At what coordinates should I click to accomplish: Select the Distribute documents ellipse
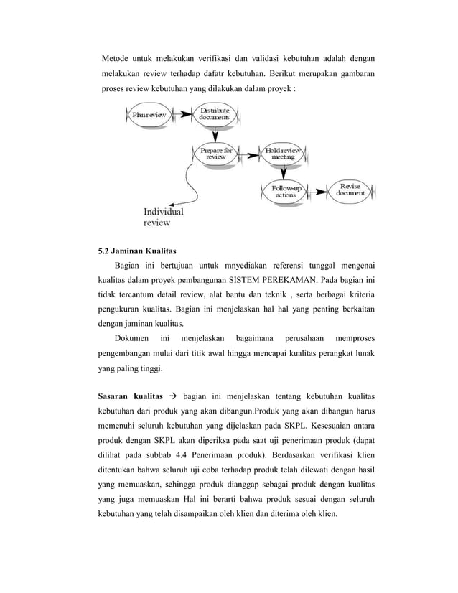pos(215,114)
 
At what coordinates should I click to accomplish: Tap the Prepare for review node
pos(216,154)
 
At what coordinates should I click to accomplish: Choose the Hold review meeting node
pos(284,154)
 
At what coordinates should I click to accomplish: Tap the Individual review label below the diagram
pos(163,217)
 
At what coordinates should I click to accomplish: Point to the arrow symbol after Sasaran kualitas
pos(172,396)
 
